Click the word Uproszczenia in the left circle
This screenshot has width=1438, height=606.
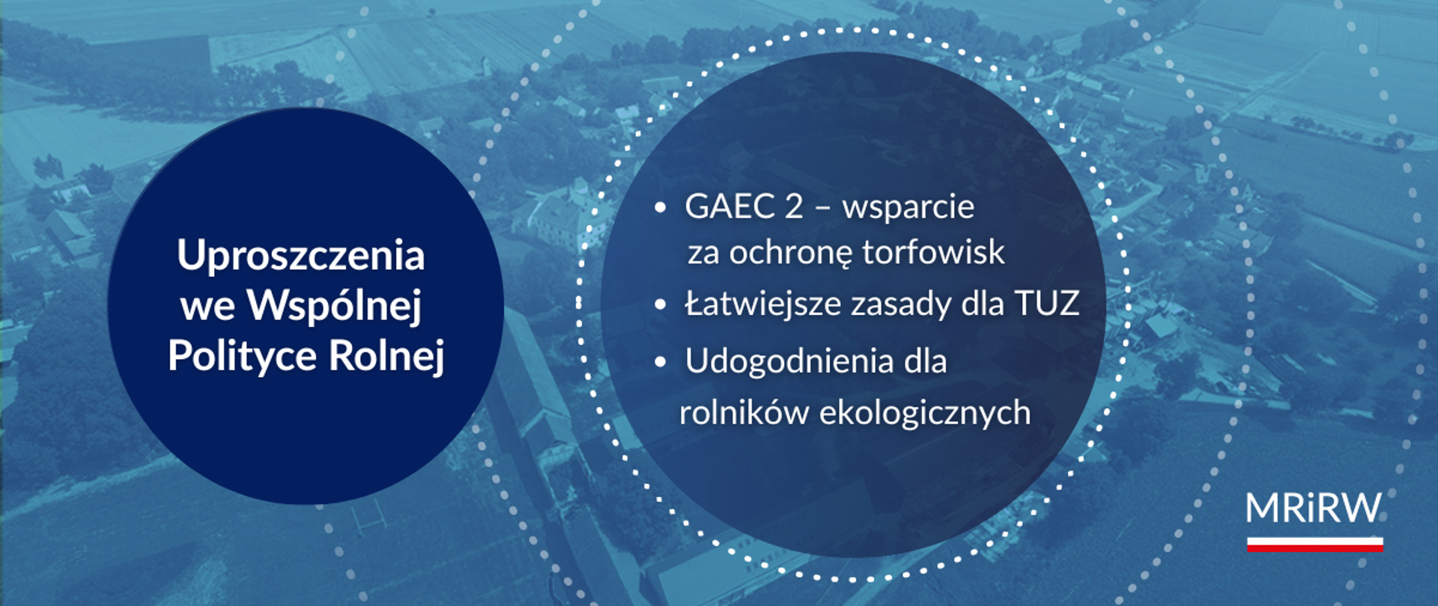click(301, 257)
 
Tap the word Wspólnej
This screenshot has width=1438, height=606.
click(335, 306)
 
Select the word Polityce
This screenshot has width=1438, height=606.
click(242, 356)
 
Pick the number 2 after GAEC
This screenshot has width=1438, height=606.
click(794, 207)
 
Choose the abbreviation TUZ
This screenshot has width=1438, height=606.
click(1046, 304)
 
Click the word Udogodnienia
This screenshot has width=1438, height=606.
click(789, 362)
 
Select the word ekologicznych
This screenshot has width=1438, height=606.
click(925, 413)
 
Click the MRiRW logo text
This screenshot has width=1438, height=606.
click(1314, 509)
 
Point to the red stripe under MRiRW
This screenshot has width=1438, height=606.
click(1314, 548)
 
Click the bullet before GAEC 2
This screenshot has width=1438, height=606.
click(660, 208)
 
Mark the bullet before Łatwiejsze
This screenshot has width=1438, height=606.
click(660, 305)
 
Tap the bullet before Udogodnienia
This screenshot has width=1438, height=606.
click(660, 363)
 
